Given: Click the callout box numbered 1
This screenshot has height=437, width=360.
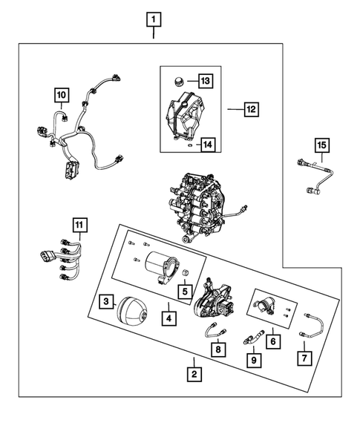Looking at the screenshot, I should point(154,18).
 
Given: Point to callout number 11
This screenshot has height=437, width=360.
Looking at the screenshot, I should point(79,223).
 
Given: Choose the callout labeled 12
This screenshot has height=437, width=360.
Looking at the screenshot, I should point(252,109).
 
